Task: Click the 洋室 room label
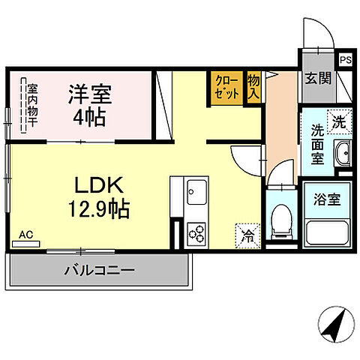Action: click(x=91, y=96)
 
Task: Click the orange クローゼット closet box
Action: click(x=226, y=86)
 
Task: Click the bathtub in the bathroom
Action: click(x=328, y=233)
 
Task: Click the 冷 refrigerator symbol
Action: click(x=247, y=235)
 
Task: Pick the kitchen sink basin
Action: click(x=196, y=190)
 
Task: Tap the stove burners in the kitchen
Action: click(x=197, y=234)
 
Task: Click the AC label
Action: click(x=26, y=235)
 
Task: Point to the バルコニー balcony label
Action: click(x=98, y=269)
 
